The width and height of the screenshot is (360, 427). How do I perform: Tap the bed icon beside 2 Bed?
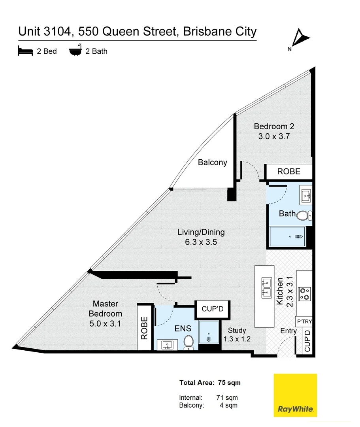click(x=25, y=51)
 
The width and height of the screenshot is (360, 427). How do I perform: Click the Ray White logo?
click(x=295, y=395)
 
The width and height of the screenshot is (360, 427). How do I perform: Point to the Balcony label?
click(x=213, y=162)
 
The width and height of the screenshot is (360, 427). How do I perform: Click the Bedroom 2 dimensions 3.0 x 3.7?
click(x=274, y=137)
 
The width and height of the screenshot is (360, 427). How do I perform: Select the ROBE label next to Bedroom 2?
click(x=288, y=172)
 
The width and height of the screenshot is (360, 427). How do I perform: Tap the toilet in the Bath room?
click(x=303, y=216)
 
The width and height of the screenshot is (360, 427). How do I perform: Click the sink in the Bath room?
click(x=305, y=195)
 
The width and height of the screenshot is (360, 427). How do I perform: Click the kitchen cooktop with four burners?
click(x=304, y=293)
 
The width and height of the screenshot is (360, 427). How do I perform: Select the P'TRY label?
click(x=304, y=321)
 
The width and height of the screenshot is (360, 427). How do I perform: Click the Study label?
click(x=237, y=330)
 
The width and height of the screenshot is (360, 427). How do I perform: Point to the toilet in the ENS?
click(x=188, y=342)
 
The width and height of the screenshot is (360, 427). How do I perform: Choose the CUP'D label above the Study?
click(x=213, y=309)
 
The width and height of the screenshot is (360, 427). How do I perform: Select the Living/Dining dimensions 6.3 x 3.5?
click(x=201, y=242)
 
